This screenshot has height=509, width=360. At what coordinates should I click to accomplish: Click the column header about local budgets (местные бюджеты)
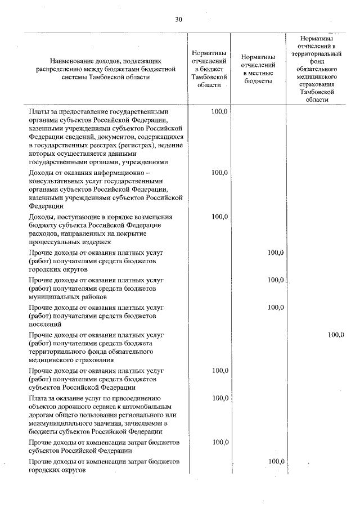point(258,69)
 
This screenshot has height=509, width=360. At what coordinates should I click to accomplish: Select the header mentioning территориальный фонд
point(317,67)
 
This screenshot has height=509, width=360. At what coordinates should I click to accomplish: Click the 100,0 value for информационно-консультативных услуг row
point(219,172)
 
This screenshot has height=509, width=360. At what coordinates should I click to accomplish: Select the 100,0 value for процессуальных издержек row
point(219,217)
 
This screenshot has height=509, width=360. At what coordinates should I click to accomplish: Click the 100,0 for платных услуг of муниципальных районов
point(275,280)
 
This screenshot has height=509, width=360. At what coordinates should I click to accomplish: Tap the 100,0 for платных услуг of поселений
point(275,307)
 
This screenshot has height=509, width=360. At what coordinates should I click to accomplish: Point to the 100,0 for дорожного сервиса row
point(219,398)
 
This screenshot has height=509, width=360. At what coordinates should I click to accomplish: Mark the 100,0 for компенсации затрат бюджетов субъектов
point(219,442)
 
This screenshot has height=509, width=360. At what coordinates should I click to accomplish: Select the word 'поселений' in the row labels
point(44,324)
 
